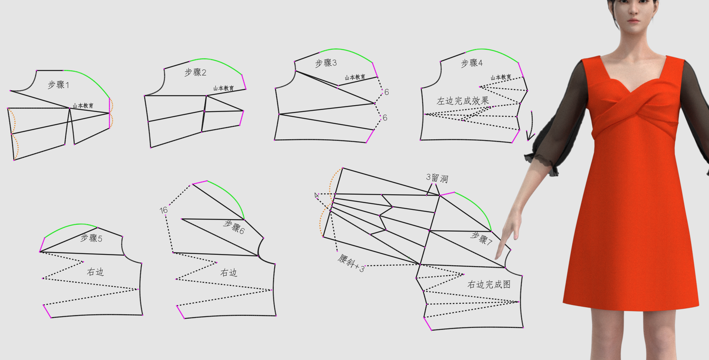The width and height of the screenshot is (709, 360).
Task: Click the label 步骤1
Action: coord(59,85)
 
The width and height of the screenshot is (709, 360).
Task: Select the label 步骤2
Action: coord(196,72)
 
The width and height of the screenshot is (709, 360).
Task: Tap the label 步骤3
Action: coord(326,63)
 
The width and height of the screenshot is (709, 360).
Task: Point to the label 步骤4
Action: coord(472,63)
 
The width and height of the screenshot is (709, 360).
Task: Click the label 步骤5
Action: coord(92,238)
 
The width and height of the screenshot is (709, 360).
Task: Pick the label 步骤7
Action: coord(482,238)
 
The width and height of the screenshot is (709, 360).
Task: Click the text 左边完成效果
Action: coord(463,101)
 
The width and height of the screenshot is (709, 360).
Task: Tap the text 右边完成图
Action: coord(489,285)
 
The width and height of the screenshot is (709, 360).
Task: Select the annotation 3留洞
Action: coord(437,178)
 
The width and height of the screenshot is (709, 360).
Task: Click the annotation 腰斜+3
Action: coord(351,263)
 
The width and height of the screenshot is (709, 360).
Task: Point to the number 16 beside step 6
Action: coord(163,210)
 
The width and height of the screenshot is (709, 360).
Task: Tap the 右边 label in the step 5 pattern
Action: coord(96,272)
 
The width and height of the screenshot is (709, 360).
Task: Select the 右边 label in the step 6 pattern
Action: coord(229,273)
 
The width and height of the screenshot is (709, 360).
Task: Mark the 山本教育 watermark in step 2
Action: coord(224,88)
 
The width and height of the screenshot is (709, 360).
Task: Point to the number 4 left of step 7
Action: coord(316,195)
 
